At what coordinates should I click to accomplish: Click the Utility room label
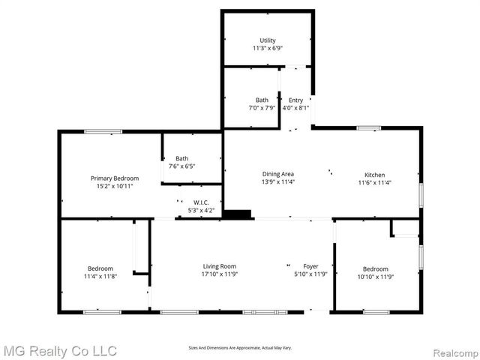[268, 40]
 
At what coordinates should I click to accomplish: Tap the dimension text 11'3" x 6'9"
[268, 49]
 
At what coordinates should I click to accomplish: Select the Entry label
[295, 100]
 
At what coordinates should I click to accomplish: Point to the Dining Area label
[277, 173]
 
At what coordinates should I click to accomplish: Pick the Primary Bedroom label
[115, 178]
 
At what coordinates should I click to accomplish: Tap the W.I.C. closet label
[201, 202]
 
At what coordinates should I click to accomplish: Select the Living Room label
[220, 266]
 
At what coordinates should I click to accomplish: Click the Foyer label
[310, 266]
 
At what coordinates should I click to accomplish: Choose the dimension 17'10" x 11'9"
[220, 274]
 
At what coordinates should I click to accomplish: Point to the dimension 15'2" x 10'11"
[115, 186]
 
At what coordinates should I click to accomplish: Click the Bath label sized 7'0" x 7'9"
[262, 100]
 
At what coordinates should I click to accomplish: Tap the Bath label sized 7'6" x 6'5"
[182, 158]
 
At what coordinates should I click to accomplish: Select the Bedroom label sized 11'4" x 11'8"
[100, 268]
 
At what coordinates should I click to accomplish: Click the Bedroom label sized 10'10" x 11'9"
[376, 268]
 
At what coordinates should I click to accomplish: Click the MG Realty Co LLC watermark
[61, 350]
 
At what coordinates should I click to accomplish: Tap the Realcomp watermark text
[453, 351]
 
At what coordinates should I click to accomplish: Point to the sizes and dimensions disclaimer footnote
[239, 347]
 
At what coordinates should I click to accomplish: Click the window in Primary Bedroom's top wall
[103, 132]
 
